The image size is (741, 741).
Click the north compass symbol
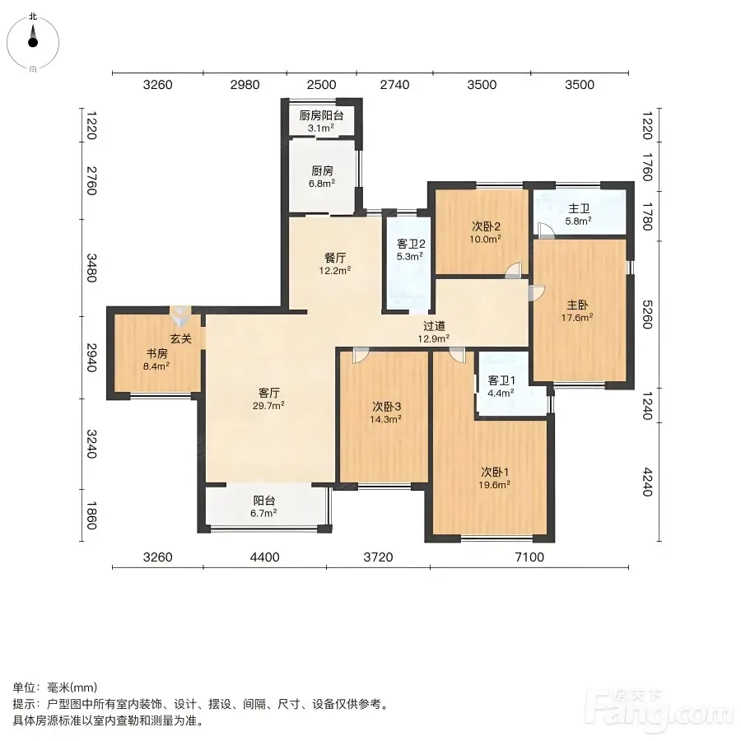click(x=33, y=43)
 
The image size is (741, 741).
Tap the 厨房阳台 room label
click(x=321, y=115)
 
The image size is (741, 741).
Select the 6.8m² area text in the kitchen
click(x=322, y=183)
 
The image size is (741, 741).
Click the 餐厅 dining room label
click(x=335, y=258)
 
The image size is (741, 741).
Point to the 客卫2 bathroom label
click(x=411, y=244)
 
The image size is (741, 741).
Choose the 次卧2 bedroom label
click(x=486, y=226)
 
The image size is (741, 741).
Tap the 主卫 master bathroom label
click(x=579, y=208)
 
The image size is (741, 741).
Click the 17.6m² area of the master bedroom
click(x=577, y=318)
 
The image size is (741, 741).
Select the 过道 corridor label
click(x=434, y=326)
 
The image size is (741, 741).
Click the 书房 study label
click(x=156, y=353)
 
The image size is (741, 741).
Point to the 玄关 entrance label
click(x=181, y=338)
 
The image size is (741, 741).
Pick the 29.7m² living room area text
click(x=268, y=405)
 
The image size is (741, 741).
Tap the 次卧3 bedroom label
click(x=387, y=407)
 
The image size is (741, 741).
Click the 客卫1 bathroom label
click(x=501, y=380)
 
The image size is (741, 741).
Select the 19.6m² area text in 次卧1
click(x=494, y=484)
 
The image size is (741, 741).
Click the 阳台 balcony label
click(x=264, y=501)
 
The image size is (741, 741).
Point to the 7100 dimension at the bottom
click(x=529, y=557)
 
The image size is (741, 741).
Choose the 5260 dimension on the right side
click(x=647, y=315)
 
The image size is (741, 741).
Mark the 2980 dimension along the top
click(x=245, y=85)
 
